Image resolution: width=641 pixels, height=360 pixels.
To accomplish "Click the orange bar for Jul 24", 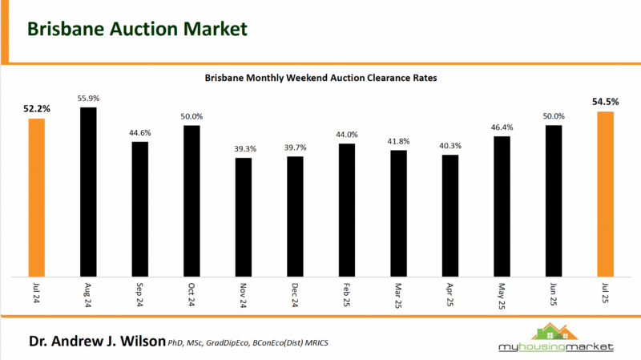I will click(x=36, y=196).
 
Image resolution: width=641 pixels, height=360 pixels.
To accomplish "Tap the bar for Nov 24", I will click(x=244, y=216).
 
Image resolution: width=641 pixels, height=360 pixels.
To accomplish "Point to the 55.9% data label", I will click(x=88, y=98).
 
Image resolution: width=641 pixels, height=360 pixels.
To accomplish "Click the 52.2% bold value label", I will click(x=36, y=108).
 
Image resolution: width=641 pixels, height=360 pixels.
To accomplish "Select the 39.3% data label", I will click(x=244, y=149).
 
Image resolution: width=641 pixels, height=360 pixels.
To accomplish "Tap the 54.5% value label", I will click(x=606, y=102).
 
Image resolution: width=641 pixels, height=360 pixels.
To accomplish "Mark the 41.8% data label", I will click(x=399, y=141).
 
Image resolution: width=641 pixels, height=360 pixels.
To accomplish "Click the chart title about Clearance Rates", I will click(x=320, y=79).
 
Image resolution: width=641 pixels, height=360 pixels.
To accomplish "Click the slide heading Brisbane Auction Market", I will click(x=137, y=29).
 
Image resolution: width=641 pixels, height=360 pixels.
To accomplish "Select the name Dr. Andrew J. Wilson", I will click(x=96, y=342).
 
